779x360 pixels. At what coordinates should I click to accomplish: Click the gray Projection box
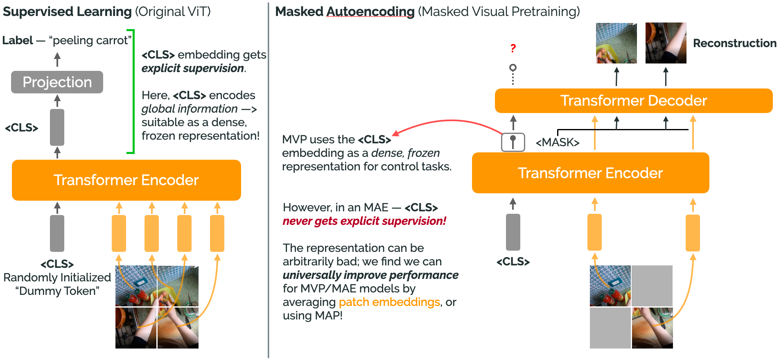[57, 82]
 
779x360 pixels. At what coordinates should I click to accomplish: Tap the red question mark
[513, 48]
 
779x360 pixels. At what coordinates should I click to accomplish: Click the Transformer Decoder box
[633, 101]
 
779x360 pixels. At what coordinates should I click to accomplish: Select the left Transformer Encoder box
[126, 180]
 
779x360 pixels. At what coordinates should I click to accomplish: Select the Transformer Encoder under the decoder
[590, 173]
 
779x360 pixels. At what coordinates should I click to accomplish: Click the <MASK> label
[557, 143]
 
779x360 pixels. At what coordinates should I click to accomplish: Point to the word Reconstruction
[734, 43]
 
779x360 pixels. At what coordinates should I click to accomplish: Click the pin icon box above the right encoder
[513, 142]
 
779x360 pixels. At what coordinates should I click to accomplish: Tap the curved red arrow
[450, 121]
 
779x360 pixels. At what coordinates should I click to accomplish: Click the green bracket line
[133, 92]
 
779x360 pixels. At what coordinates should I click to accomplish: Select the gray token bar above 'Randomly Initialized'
[57, 233]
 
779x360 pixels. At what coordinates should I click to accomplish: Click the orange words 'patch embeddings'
[389, 302]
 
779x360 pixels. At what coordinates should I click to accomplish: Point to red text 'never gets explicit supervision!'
[364, 221]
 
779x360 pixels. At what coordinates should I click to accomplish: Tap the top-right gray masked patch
[652, 285]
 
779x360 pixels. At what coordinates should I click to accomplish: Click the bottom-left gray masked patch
[610, 328]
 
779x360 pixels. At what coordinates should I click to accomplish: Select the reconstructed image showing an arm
[666, 43]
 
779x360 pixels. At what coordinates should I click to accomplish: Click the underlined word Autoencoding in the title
[370, 12]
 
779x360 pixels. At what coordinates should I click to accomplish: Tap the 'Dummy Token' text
[57, 291]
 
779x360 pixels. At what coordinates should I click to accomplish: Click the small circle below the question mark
[513, 67]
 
